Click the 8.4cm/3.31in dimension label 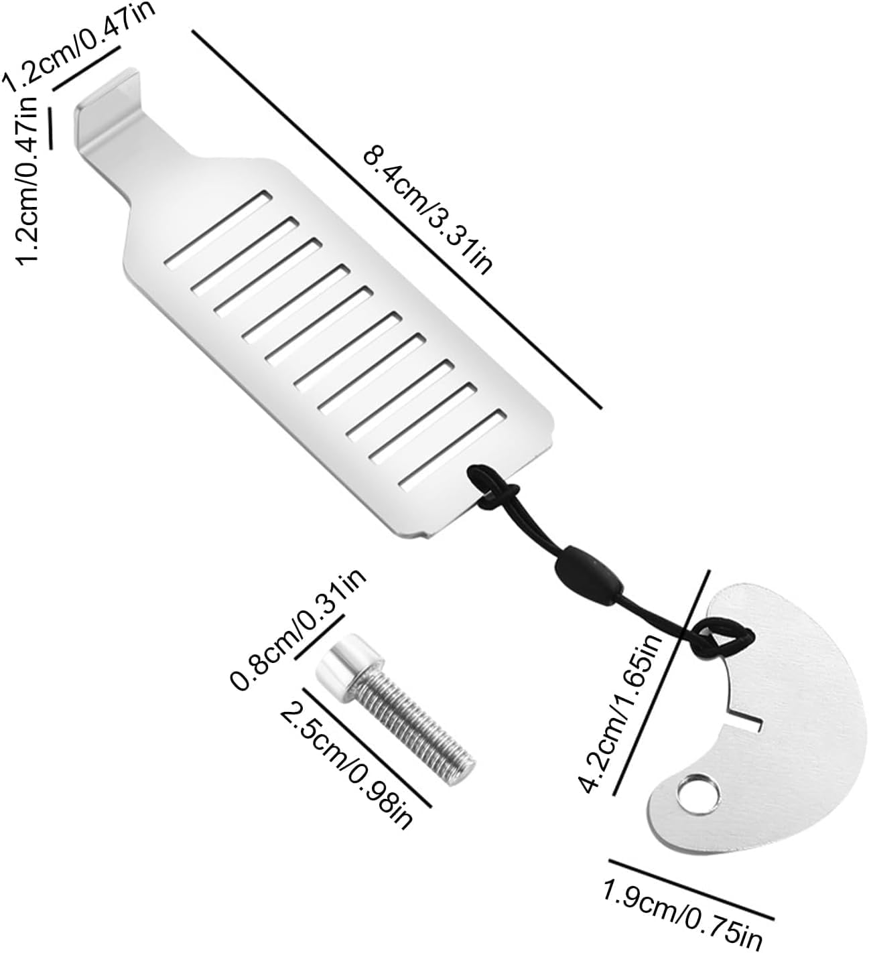427,212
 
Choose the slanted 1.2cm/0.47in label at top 79,47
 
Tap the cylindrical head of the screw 349,671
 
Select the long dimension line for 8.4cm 397,220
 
